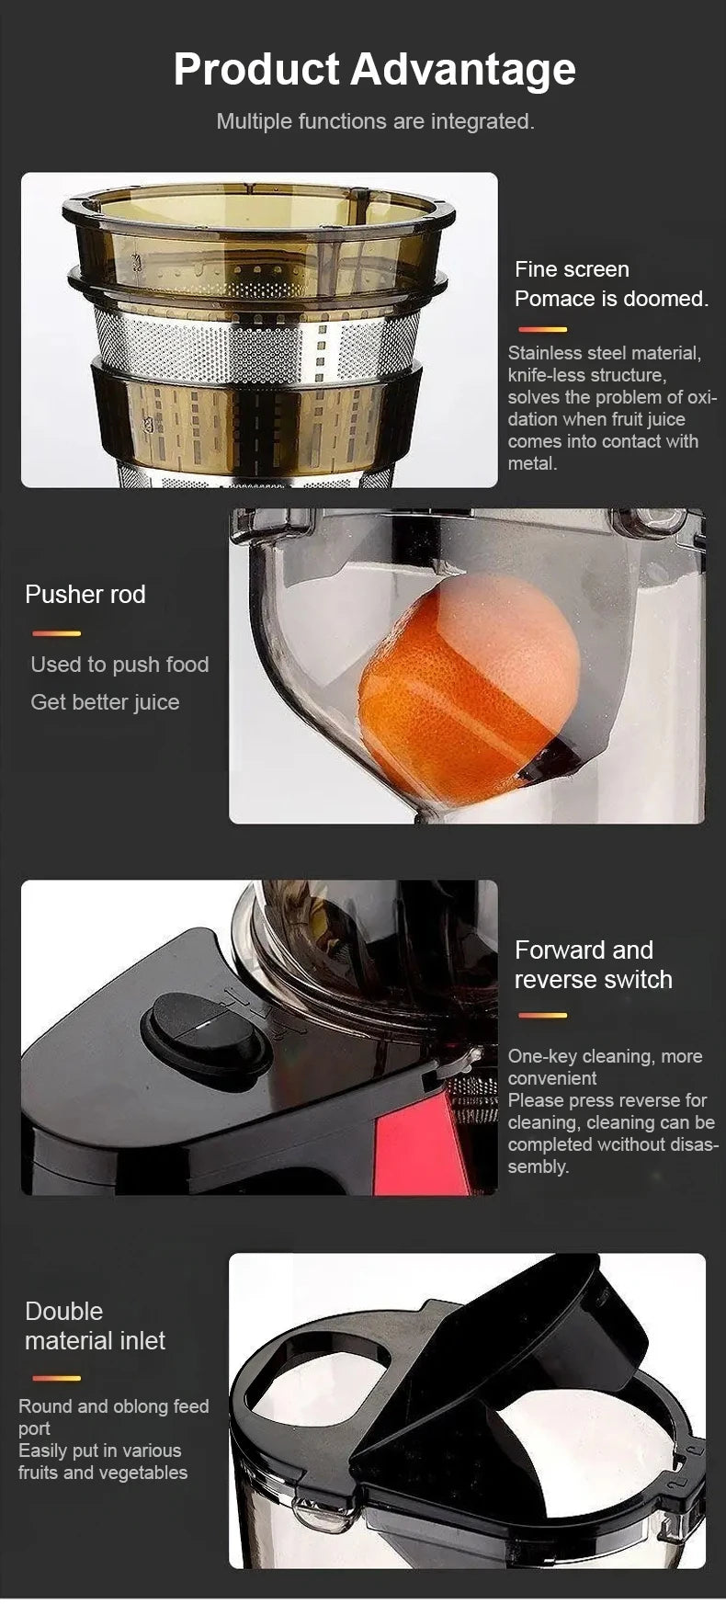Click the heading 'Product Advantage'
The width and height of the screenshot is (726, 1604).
pyautogui.click(x=374, y=69)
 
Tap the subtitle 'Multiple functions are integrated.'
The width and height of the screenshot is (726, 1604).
pyautogui.click(x=375, y=121)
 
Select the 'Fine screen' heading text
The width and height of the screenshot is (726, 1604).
pyautogui.click(x=572, y=269)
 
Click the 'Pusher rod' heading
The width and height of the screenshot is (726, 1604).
pyautogui.click(x=85, y=595)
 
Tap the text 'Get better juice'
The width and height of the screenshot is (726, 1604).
pyautogui.click(x=105, y=702)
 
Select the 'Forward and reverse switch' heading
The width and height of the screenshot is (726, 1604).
pyautogui.click(x=593, y=965)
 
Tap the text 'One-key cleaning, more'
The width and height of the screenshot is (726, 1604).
pyautogui.click(x=605, y=1056)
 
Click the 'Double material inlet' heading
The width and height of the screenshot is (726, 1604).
pyautogui.click(x=95, y=1325)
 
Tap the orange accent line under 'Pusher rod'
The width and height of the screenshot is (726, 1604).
pyautogui.click(x=56, y=633)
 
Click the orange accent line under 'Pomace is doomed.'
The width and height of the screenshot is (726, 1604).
pyautogui.click(x=542, y=329)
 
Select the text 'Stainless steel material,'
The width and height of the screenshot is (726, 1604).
pyautogui.click(x=604, y=353)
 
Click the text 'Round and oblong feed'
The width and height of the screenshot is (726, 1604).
pyautogui.click(x=114, y=1406)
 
